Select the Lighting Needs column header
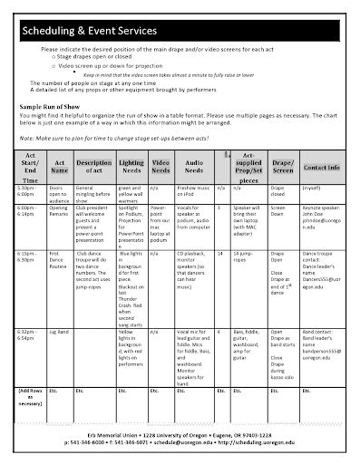131,167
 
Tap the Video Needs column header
161,167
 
